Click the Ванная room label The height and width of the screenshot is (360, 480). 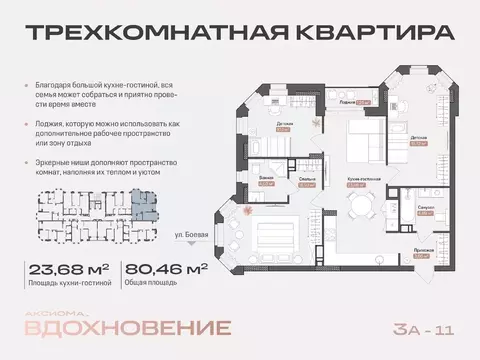266,181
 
